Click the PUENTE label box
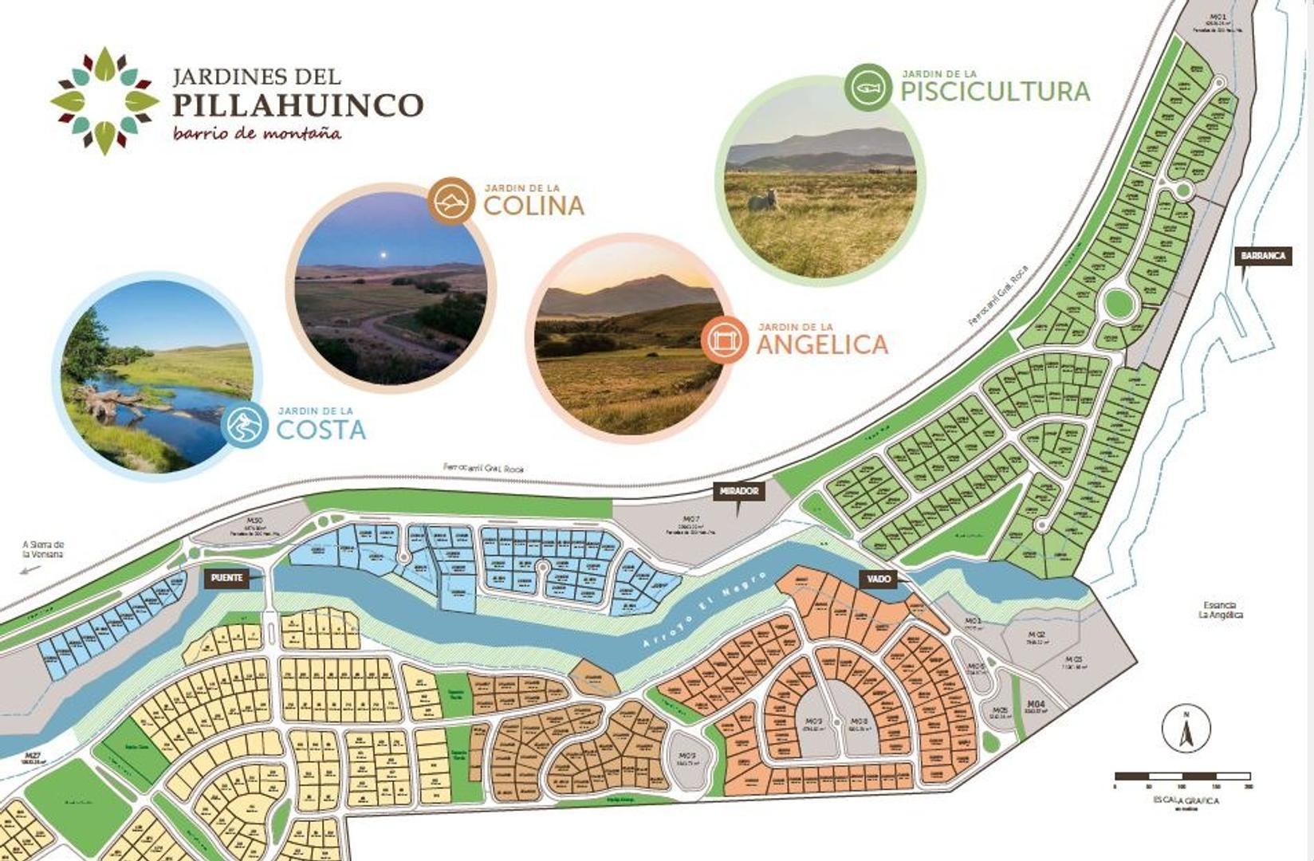[226, 578]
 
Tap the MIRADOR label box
[739, 491]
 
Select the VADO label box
[875, 579]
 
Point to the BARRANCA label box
[1263, 256]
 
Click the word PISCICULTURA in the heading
[995, 91]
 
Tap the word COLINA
[533, 206]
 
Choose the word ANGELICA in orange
[821, 344]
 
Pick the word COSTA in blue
[321, 430]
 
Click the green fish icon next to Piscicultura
[868, 87]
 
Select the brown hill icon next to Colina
[451, 199]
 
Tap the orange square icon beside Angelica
[724, 340]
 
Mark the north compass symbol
[1186, 728]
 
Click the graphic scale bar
[1182, 776]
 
